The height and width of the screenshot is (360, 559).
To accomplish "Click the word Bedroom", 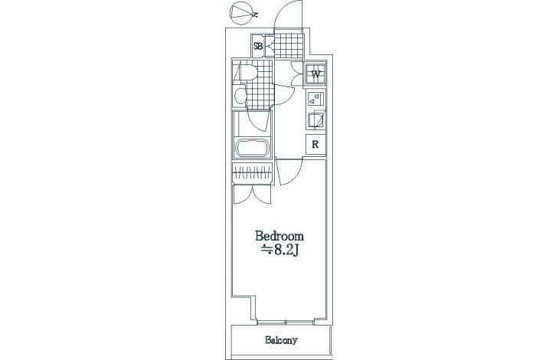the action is pos(279,236).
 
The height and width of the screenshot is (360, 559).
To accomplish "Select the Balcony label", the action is pos(281,340).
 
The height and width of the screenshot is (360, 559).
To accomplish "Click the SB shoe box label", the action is pos(258,46).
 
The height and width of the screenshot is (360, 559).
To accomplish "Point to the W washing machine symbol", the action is pos(315,74).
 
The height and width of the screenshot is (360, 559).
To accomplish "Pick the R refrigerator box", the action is pos(315,145).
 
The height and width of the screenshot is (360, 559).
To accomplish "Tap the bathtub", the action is pos(252,147).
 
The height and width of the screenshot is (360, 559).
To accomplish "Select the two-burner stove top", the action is pos(315,98).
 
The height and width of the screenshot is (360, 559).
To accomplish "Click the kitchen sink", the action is pos(315,119).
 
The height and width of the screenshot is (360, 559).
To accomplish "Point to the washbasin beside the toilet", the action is pos(240,96).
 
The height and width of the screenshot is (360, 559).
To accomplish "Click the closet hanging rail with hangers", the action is pos(253,173).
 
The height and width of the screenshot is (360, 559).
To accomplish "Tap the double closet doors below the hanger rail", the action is pos(253,195).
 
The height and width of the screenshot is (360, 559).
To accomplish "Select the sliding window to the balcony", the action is pos(286,323).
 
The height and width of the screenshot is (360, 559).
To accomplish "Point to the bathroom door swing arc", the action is pos(257,122).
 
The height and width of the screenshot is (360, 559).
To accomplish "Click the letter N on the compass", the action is pos(255,15).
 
